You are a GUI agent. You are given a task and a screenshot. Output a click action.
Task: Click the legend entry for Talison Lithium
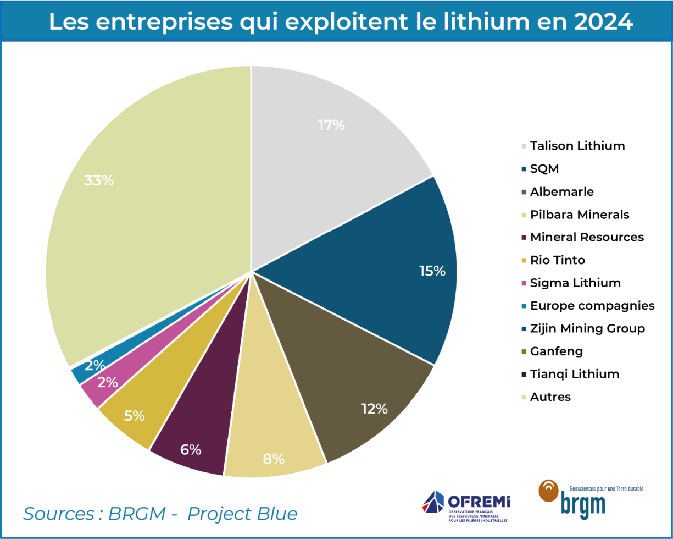point(577,146)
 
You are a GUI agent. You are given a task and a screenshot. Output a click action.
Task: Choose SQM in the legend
point(544,169)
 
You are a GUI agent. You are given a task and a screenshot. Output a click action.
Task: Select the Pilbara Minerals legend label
point(580,215)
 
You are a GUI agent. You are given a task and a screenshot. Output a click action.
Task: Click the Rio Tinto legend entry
point(558,260)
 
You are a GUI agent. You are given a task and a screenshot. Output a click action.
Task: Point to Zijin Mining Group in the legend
point(587,328)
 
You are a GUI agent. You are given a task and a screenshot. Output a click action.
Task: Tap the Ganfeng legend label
point(556,351)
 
